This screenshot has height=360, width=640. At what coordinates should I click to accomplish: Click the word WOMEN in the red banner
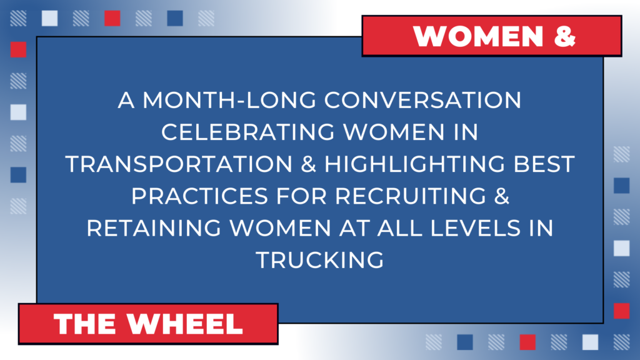point(478,36)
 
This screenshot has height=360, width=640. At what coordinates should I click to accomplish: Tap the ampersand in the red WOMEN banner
point(565,36)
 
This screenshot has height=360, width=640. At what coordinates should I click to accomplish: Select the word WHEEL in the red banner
point(185,324)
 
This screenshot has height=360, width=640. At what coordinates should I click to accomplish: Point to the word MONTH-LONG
point(229,100)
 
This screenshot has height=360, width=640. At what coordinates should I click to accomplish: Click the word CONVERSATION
point(423,100)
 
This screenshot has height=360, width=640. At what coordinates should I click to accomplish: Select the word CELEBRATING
point(247,132)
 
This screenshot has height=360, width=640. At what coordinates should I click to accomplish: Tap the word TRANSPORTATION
point(179,164)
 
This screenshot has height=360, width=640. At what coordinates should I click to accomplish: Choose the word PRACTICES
point(199,196)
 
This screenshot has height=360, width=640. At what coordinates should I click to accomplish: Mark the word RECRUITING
point(411,196)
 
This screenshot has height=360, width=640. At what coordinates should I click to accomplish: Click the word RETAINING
point(154,227)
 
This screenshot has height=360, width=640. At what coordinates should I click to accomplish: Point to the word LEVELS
point(476,227)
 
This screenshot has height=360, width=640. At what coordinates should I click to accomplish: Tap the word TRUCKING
point(320,259)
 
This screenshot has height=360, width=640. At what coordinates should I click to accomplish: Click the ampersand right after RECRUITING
point(502,196)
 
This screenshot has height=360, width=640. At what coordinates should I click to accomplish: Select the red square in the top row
point(112,18)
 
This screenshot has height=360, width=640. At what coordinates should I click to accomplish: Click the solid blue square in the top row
point(175,18)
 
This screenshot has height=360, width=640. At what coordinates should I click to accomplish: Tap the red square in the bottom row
point(527,342)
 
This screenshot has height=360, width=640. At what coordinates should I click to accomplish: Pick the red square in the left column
point(18,49)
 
